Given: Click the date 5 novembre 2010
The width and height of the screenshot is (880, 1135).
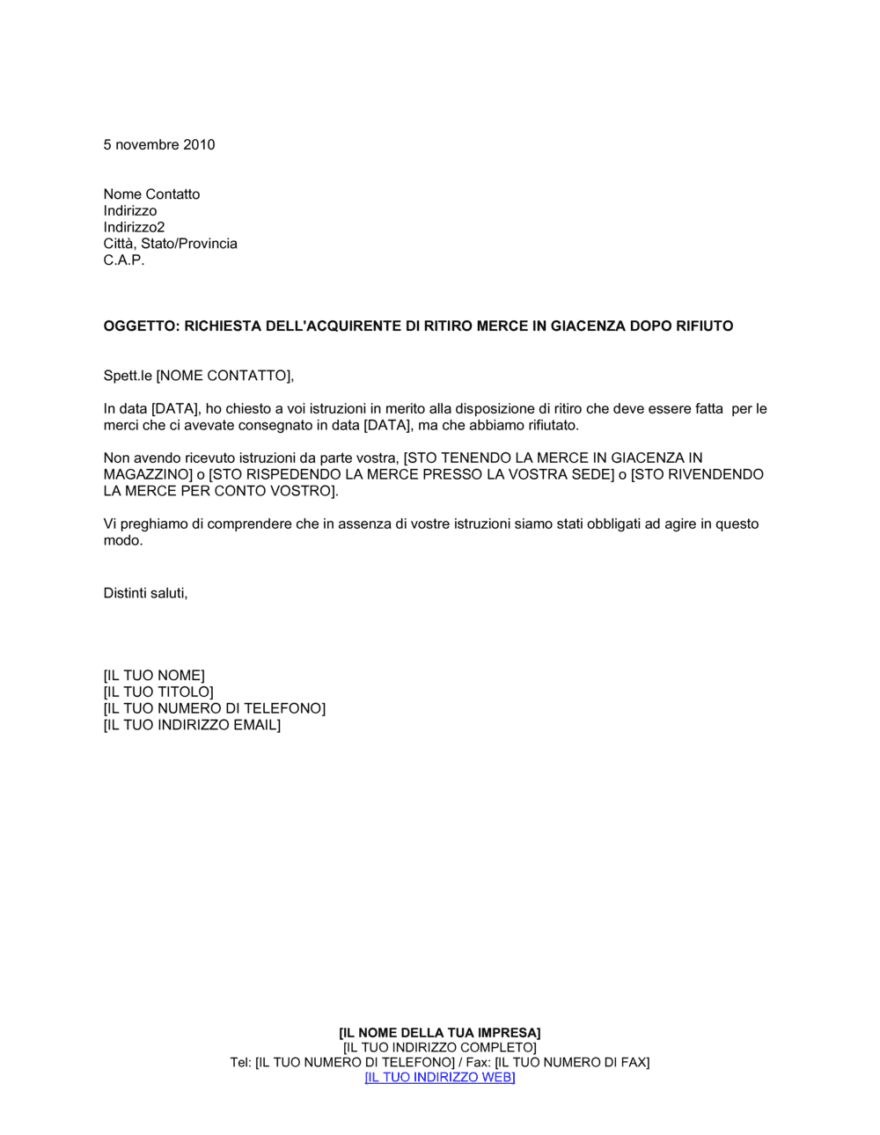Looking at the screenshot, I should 159,145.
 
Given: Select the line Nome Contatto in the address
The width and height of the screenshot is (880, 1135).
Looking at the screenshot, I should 151,194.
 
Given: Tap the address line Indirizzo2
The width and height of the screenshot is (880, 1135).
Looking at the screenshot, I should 134,227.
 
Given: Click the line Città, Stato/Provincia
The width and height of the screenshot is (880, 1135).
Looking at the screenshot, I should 170,244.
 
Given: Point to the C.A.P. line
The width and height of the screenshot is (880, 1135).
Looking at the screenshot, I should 124,260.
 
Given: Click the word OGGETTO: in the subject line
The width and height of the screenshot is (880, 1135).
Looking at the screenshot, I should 142,326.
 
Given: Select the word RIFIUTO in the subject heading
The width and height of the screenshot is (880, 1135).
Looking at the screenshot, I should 703,326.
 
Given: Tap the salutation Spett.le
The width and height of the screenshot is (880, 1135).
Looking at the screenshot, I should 128,376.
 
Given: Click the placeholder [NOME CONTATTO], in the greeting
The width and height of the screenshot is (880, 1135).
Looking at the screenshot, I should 225,376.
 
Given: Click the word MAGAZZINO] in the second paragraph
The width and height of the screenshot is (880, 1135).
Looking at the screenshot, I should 147,475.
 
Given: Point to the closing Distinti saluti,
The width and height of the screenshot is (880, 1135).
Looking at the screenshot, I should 145,593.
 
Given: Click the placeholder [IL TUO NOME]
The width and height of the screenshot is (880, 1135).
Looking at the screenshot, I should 154,676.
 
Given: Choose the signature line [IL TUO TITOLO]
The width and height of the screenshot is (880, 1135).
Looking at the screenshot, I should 158,692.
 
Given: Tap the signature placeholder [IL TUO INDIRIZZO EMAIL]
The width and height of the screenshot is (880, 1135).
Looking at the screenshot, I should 192,725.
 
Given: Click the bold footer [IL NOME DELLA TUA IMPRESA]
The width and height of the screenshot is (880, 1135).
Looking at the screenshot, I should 440,1033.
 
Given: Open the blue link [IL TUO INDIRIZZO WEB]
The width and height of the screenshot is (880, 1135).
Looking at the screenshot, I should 440,1078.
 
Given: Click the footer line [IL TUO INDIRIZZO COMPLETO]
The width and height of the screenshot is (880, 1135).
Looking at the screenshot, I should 440,1048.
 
